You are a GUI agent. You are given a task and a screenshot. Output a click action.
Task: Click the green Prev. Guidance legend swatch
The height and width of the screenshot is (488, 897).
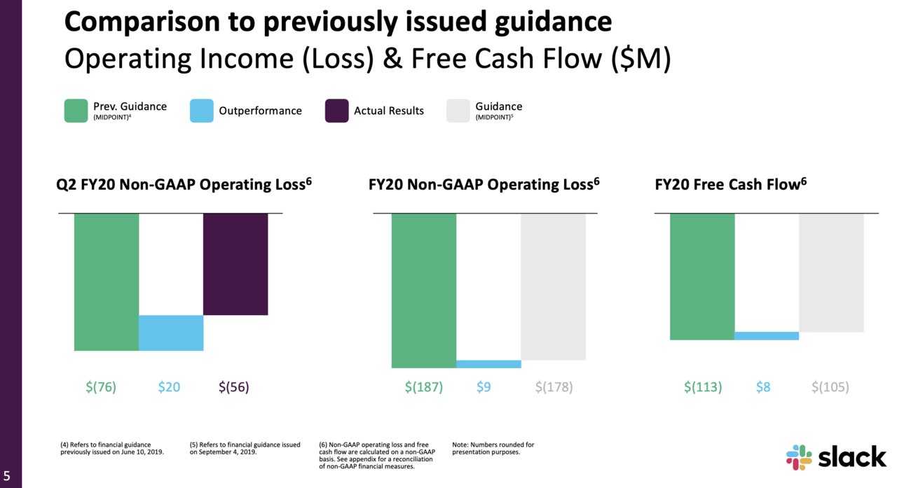coord(76,111)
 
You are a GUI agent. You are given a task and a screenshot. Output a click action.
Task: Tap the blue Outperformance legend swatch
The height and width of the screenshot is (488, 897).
coord(201,111)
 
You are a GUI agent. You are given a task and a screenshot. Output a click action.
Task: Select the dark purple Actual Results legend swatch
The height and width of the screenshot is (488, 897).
coord(336,111)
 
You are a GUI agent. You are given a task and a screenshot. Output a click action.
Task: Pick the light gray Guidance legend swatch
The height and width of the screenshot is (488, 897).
coord(458,111)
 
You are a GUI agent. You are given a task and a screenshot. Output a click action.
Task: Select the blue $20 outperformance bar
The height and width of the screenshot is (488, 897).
coord(171,333)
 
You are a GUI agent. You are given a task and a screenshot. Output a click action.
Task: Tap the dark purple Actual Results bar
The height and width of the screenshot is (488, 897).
coord(235,264)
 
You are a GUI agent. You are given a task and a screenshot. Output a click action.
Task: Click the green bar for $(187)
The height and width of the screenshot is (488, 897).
coord(424,290)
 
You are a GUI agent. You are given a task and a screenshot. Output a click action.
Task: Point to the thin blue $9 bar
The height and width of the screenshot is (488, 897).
coord(488,364)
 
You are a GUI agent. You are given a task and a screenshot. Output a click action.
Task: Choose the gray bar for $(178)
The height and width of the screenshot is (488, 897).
coord(553,286)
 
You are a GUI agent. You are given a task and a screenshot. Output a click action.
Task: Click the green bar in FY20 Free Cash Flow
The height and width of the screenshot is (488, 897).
coord(702,276)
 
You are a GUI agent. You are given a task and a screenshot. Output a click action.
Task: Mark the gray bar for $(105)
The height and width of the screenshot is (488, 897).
coord(831,272)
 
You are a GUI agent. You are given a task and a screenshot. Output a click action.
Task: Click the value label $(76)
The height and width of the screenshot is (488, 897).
coord(101,387)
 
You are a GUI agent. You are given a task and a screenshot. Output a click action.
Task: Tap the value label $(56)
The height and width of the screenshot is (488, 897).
coord(234,387)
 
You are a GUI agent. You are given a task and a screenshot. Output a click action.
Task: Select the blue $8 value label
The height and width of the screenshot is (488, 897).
coord(763,387)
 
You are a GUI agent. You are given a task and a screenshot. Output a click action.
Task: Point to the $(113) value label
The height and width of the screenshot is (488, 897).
coord(703,387)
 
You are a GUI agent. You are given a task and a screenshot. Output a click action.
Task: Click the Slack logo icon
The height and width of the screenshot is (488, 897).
coord(799,457)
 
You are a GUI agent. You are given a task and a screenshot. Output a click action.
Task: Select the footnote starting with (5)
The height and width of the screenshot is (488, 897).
coord(245,448)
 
